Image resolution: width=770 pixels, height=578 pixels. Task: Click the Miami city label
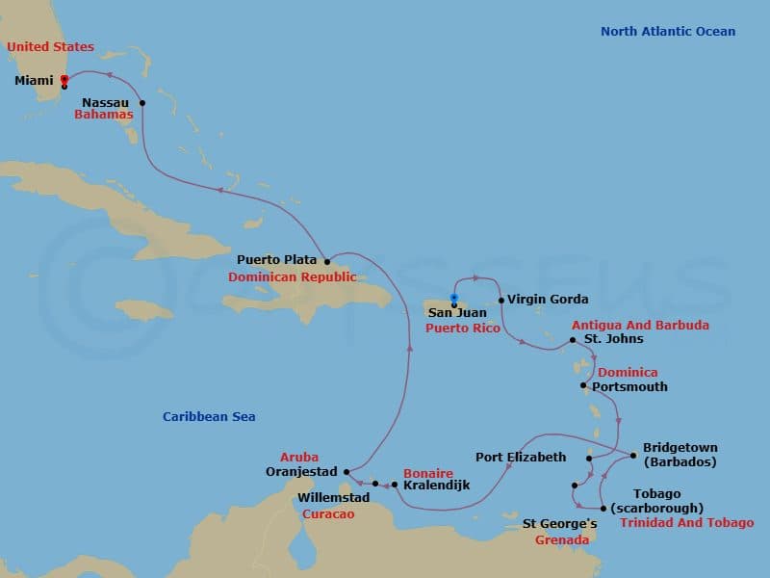pos(34,81)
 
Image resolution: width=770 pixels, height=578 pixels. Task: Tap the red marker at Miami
pos(64,80)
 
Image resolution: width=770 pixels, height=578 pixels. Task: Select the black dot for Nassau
pos(142,103)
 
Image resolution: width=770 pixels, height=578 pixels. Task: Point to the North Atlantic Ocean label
pos(667,32)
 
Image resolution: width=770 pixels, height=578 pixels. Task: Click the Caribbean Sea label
pos(209,416)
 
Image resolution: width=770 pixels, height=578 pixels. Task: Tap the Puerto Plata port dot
pos(327,261)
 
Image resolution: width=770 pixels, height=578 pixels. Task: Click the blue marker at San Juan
pos(453,298)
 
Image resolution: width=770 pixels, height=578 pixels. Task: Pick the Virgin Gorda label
pos(548,299)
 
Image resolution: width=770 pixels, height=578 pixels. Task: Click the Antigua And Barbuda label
pos(640,326)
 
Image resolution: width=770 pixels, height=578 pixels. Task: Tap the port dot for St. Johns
pos(573,340)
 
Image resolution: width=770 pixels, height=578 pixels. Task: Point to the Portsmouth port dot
pos(584,386)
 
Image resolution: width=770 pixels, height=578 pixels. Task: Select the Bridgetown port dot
pos(632,456)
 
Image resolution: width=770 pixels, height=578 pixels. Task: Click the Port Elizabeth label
pos(521,457)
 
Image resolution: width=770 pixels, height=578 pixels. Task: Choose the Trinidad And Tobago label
pos(686,523)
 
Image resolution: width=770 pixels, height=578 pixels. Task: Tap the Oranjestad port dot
pos(347,472)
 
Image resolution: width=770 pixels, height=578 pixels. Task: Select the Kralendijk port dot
pos(395,485)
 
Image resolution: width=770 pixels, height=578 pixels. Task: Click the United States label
pos(51,47)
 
